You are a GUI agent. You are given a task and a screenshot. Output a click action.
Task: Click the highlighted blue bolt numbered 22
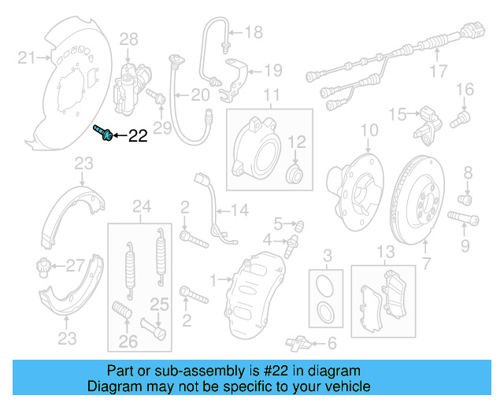coord(102,133)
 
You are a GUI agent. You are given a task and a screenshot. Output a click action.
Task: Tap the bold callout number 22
coord(138,136)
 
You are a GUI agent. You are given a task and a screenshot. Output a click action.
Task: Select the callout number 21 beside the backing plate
coord(26,57)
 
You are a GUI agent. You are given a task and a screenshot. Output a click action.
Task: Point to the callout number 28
coord(128,39)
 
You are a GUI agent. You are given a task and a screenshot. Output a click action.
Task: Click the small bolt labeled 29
coord(156,96)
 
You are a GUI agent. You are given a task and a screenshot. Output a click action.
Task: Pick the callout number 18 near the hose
coord(254,32)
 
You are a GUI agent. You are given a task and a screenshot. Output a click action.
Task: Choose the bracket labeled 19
coord(234,80)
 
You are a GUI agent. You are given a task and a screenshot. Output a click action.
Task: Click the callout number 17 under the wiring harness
coord(439,71)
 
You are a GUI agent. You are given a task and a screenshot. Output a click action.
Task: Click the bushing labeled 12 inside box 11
coord(295,174)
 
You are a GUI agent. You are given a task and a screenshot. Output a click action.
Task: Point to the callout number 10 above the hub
coord(369,131)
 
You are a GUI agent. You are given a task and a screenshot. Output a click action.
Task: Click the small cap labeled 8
coord(465,199)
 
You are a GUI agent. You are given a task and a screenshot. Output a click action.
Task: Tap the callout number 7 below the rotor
coord(426,264)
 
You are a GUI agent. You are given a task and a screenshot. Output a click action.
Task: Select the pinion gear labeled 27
coord(42,266)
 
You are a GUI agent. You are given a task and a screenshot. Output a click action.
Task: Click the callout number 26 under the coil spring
coord(128,342)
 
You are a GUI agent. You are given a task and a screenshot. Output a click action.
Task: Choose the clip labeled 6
coord(298,343)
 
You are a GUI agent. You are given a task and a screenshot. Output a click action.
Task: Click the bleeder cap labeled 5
coord(299,226)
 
